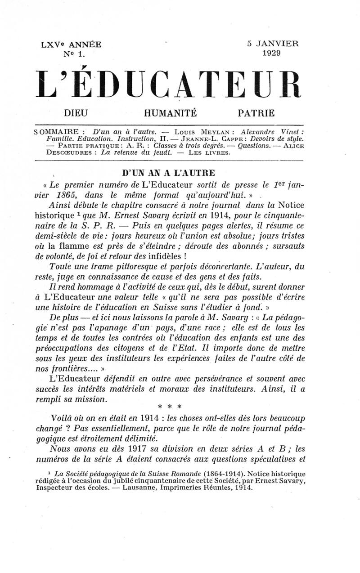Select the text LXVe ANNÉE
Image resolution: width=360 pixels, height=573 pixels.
(72, 45)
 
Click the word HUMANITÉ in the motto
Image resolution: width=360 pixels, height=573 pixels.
(171, 112)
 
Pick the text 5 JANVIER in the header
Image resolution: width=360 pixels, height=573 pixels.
(272, 44)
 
